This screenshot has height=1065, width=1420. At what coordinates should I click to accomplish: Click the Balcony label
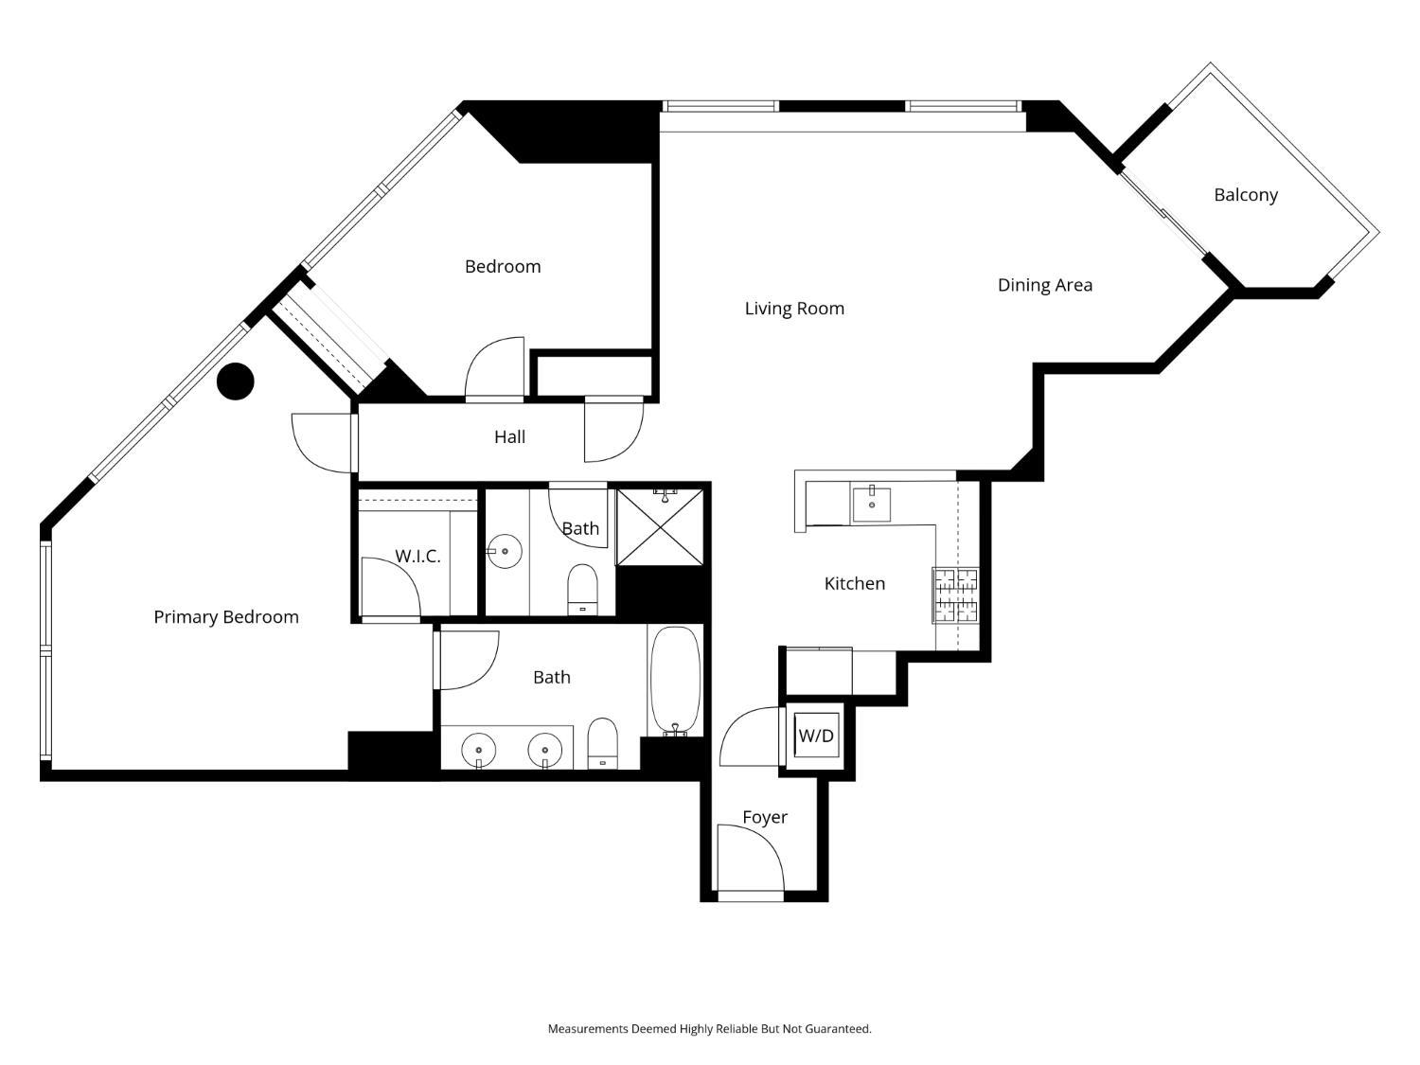tap(1245, 195)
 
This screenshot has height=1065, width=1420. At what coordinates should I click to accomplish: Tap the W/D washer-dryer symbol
tap(816, 735)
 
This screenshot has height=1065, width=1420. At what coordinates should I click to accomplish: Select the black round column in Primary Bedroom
tap(236, 382)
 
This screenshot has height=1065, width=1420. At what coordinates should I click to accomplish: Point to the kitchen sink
tap(872, 504)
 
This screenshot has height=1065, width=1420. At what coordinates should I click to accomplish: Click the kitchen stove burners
tap(955, 595)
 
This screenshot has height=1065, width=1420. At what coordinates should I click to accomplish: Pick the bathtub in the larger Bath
tap(675, 681)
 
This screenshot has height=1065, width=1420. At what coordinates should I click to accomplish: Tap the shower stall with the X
tap(660, 527)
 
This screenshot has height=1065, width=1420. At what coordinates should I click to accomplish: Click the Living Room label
tap(794, 309)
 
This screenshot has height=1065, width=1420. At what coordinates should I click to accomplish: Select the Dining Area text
tap(1045, 285)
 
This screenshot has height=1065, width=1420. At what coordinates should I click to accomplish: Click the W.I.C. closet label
tap(417, 556)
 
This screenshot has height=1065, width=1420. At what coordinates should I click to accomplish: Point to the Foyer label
tap(765, 817)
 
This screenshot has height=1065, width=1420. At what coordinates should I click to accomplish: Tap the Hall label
tap(509, 437)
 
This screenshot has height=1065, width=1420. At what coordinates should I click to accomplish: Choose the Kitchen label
tap(855, 584)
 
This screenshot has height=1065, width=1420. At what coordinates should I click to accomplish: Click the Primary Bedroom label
tap(226, 617)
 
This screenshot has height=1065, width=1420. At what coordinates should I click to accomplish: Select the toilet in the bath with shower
tap(582, 589)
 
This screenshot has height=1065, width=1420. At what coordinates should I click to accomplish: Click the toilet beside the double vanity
tap(602, 744)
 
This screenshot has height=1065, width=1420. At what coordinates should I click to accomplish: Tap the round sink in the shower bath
tap(504, 552)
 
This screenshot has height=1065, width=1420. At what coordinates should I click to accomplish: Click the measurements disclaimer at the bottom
tap(710, 1028)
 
